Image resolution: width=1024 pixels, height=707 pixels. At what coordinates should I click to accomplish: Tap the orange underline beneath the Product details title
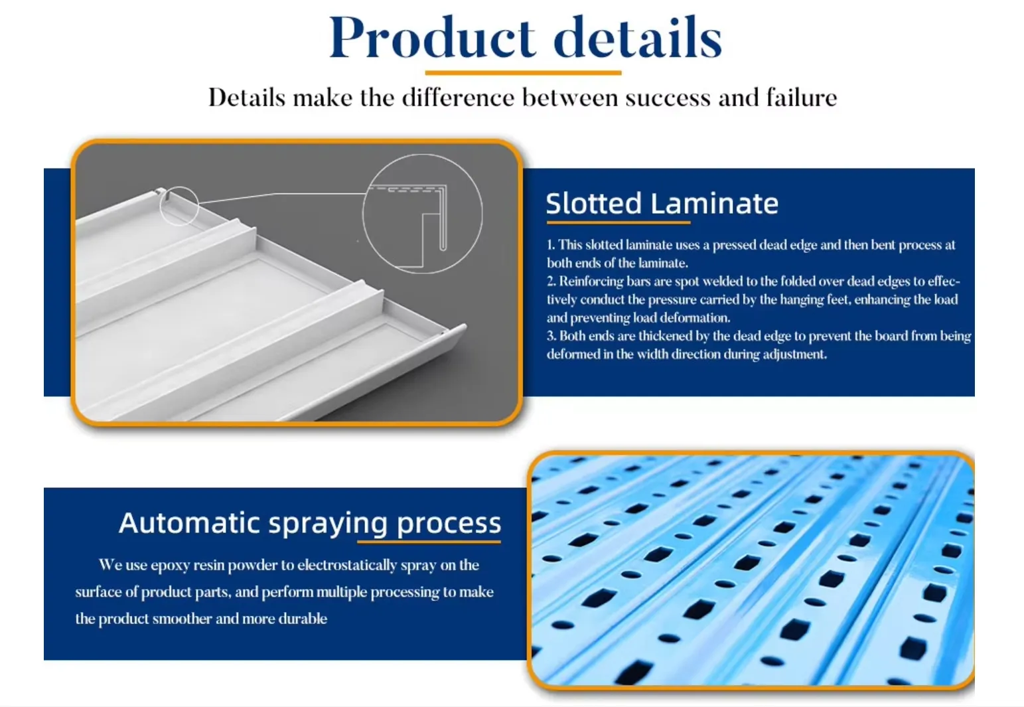coord(523,73)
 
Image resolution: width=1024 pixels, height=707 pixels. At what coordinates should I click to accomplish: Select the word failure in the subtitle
coord(802,98)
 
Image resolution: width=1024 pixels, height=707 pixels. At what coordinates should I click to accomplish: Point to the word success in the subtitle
coord(668,98)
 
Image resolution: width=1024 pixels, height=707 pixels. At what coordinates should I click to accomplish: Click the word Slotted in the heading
coord(594,203)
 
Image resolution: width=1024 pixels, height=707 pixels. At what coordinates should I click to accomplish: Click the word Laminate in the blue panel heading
coord(715,203)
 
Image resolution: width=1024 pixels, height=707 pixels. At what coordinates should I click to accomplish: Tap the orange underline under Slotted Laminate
coord(619,222)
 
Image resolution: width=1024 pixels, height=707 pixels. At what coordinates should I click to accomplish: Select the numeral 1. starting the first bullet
coord(551,245)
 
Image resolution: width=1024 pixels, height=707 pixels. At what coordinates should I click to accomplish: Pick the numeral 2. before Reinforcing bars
coord(551,281)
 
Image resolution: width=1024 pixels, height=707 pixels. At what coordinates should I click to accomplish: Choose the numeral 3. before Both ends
coord(551,336)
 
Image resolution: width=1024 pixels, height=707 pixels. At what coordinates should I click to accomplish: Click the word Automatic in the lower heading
coord(189,522)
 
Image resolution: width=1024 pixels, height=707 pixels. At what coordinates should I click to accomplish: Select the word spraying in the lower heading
coord(328,524)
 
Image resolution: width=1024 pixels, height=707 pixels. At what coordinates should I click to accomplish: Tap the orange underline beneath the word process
coord(429,542)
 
